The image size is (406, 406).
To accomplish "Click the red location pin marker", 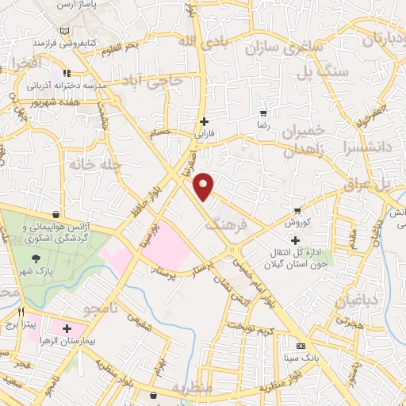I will [x=205, y=186].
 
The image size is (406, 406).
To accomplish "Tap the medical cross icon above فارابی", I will [x=205, y=121].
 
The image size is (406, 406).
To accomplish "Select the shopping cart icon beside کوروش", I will [x=297, y=211].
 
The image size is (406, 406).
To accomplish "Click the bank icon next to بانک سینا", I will [x=300, y=347].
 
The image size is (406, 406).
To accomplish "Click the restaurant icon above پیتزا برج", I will [x=21, y=312].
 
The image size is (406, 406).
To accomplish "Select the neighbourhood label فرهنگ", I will [x=227, y=224].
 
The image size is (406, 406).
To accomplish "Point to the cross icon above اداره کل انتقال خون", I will [x=296, y=240].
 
